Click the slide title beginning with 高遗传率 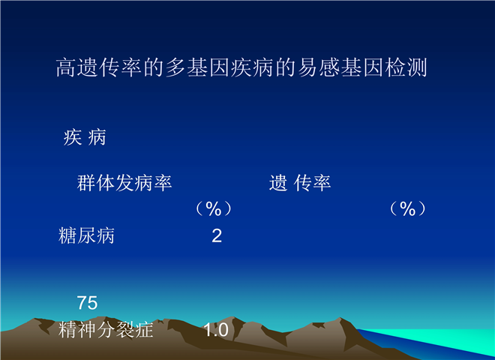241,67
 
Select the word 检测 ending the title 406,67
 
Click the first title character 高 66,67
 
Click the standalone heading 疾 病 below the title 85,137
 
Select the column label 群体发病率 124,183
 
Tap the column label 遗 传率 300,183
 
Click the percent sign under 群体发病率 214,208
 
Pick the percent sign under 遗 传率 407,208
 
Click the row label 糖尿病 86,235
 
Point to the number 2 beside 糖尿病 217,236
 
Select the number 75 87,303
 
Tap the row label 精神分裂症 106,330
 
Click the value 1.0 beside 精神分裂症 216,330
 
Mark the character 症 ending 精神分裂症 144,330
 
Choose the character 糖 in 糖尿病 67,235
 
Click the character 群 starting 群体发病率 86,183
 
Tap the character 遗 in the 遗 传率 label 278,183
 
